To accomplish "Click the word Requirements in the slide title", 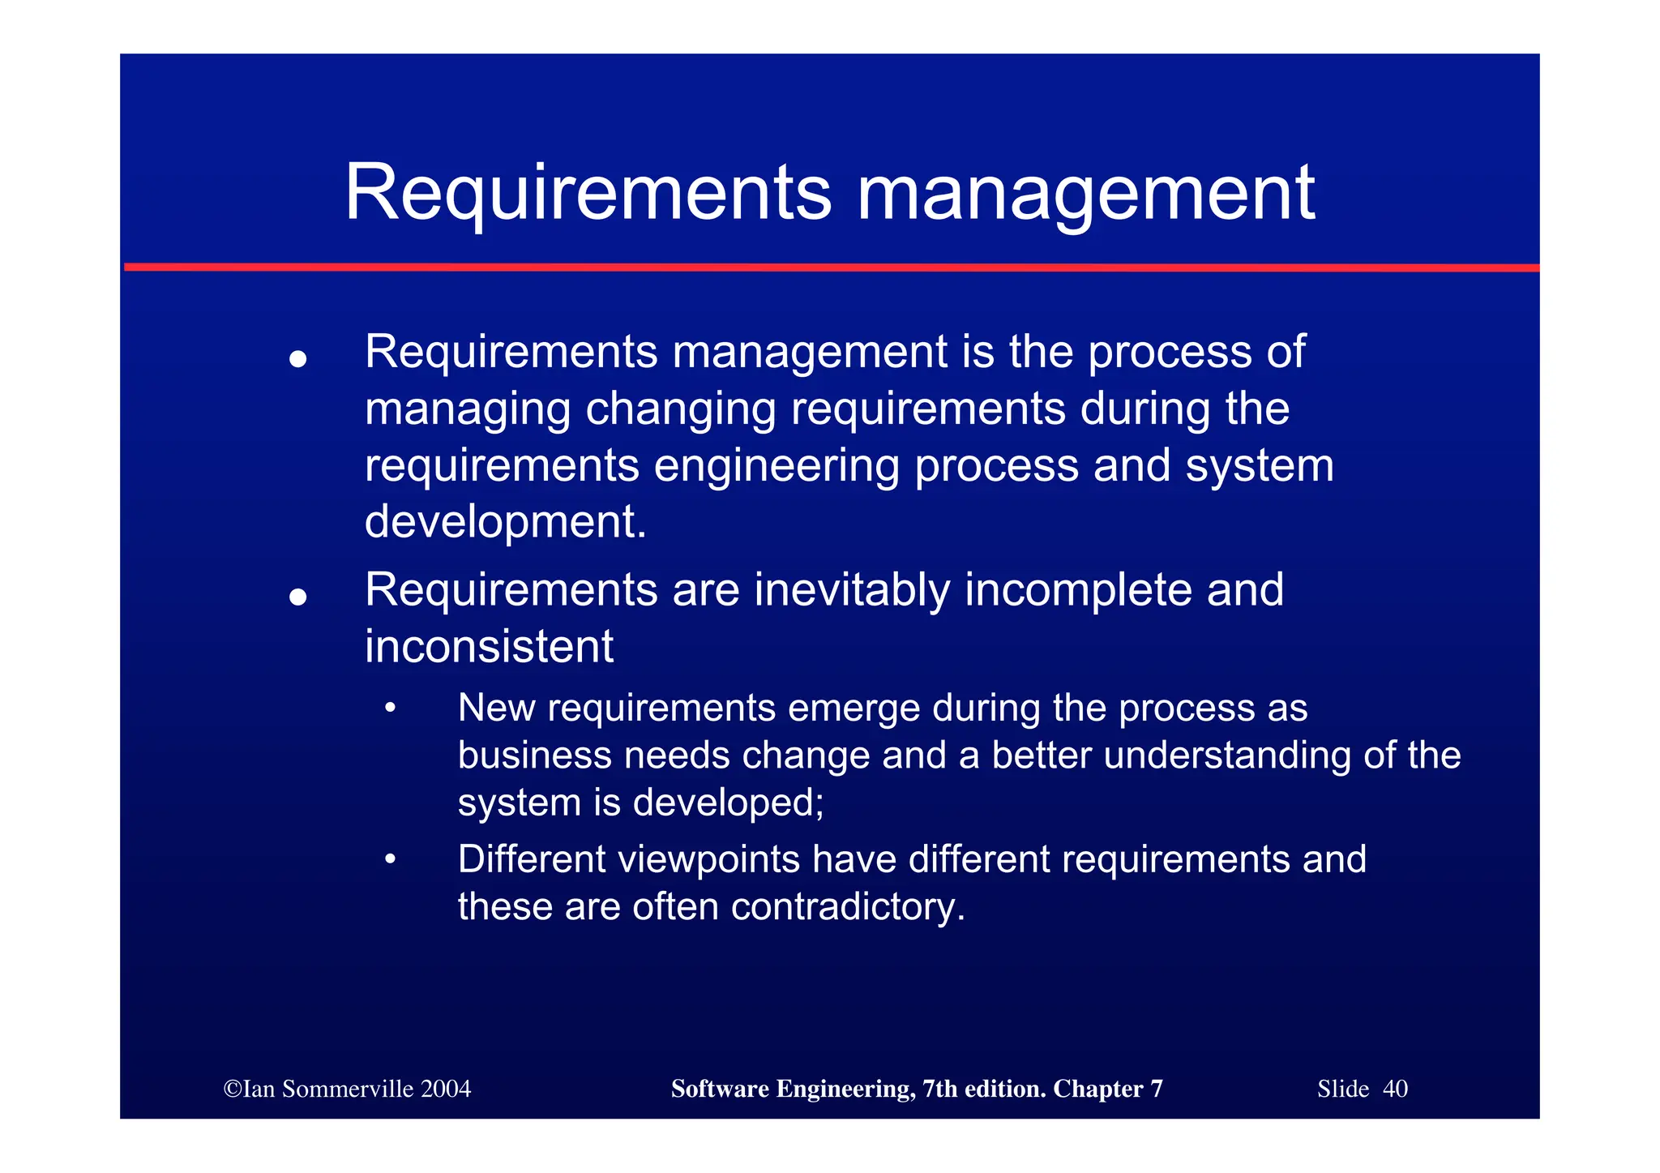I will coord(588,194).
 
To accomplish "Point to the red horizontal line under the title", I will coord(831,267).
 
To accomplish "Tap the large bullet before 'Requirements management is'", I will coord(298,358).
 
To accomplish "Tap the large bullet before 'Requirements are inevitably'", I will coord(298,597).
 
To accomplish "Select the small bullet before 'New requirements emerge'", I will coord(391,709).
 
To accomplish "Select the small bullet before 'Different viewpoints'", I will coord(391,859).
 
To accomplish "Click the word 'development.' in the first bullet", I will coord(506,522).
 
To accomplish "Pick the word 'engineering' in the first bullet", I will coord(776,467).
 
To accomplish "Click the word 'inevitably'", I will coord(852,590).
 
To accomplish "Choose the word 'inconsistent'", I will coord(489,647).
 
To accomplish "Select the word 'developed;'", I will coord(728,803).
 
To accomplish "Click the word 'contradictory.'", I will coord(848,906).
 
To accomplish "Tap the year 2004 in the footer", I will coord(446,1089).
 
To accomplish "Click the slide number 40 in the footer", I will coord(1395,1089).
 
